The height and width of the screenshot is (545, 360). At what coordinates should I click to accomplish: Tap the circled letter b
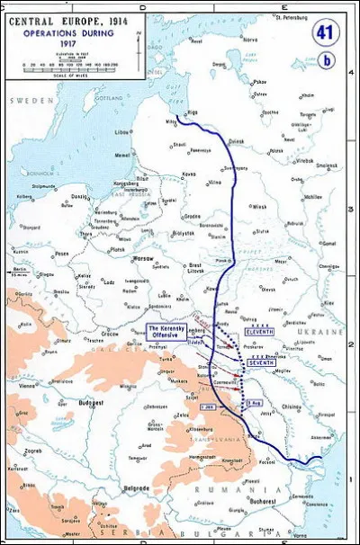tap(327, 60)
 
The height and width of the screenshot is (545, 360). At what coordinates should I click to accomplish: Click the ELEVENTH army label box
tap(260, 332)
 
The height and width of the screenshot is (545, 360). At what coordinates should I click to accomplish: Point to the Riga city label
tap(193, 112)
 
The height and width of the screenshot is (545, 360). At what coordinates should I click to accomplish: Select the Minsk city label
tap(260, 205)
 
